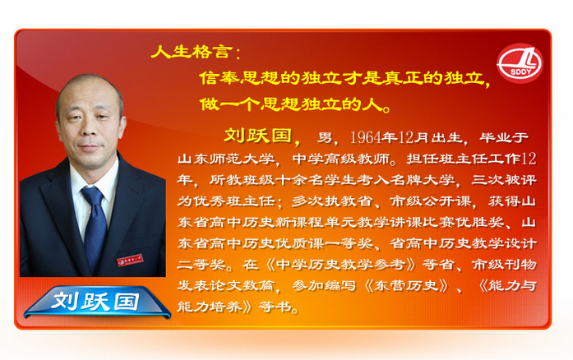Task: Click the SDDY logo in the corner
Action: point(520,63)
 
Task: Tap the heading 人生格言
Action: point(192,52)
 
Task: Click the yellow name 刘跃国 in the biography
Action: point(258,136)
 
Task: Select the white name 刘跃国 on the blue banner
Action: point(95,302)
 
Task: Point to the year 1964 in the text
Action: point(366,137)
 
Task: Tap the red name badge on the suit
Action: point(130,261)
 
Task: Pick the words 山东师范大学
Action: point(226,159)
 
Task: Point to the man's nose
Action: point(88,129)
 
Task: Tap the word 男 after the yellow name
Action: point(325,137)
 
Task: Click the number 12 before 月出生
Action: point(406,137)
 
